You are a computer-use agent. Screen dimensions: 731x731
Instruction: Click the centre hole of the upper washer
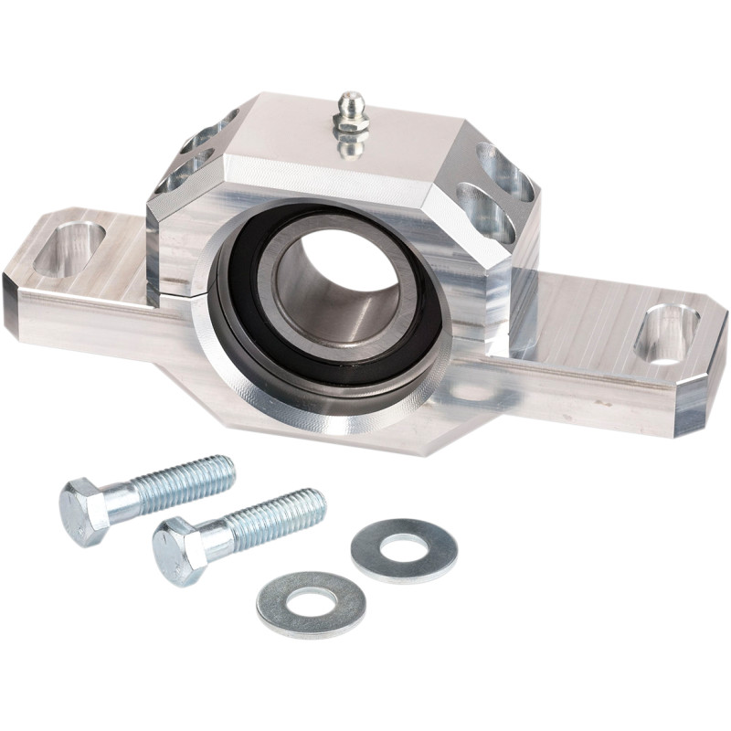[403, 549]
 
